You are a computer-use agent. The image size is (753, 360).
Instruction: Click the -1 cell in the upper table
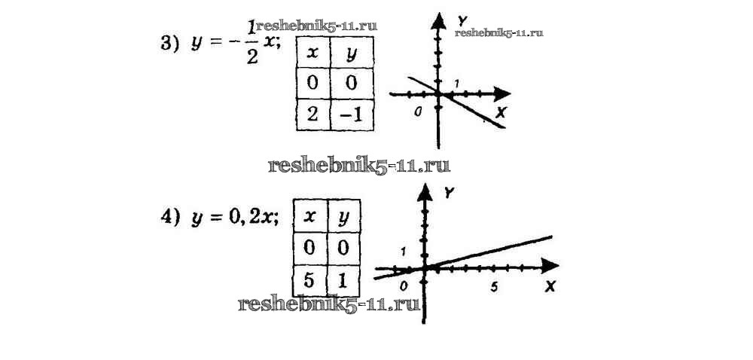pyautogui.click(x=349, y=115)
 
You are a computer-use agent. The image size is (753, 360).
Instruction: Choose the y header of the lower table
pyautogui.click(x=345, y=217)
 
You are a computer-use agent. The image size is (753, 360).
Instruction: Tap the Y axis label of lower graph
pyautogui.click(x=450, y=194)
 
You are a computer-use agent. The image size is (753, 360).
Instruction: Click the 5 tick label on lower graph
pyautogui.click(x=494, y=285)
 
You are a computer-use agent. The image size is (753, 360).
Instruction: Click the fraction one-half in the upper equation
pyautogui.click(x=252, y=44)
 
